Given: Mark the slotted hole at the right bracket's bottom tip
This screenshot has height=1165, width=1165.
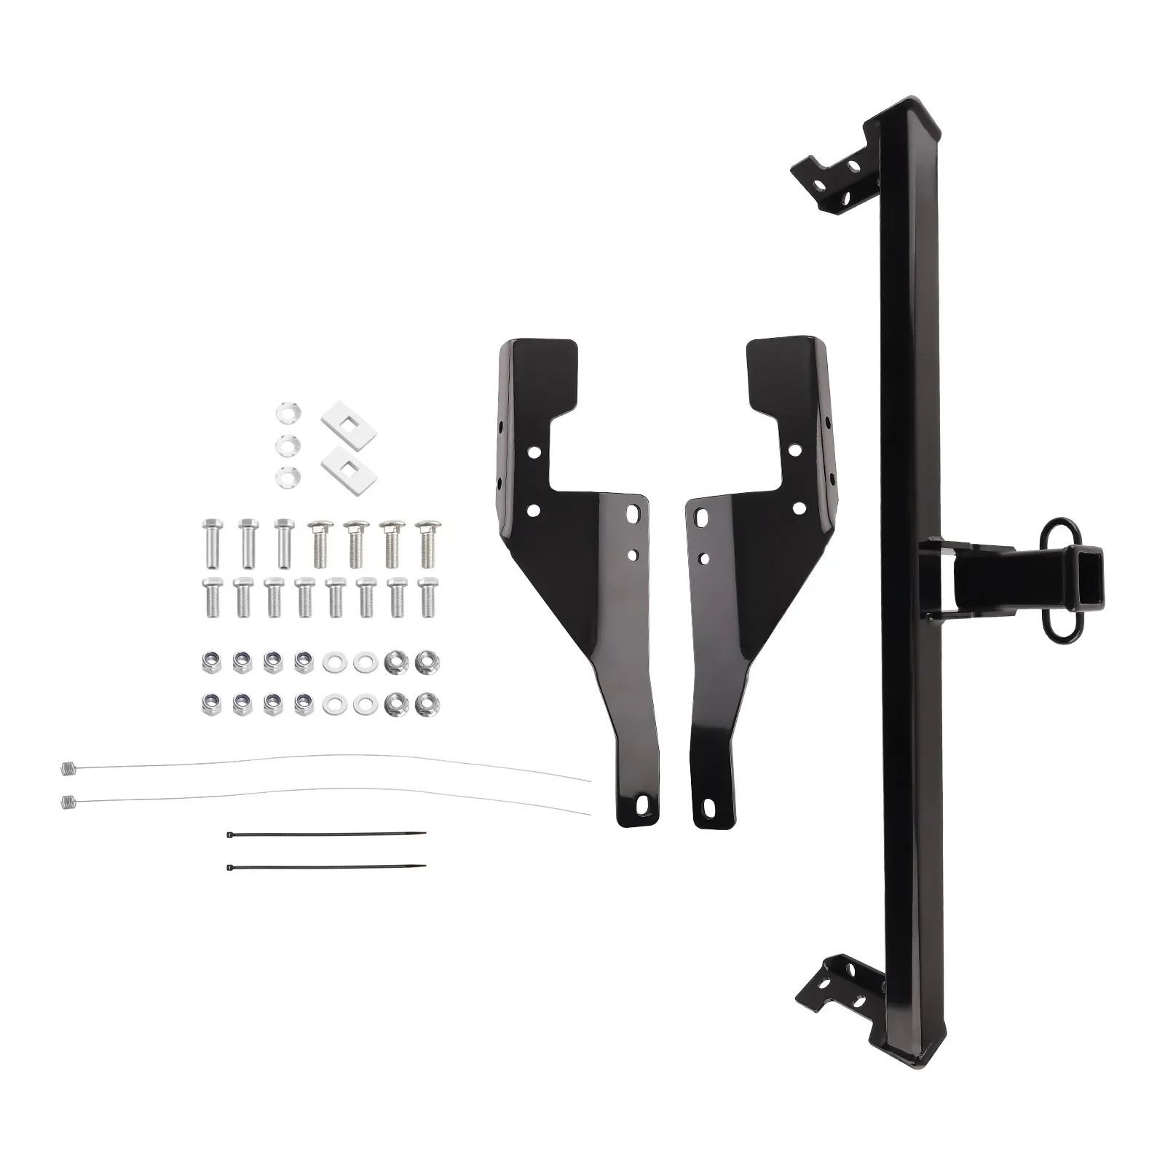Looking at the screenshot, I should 708,807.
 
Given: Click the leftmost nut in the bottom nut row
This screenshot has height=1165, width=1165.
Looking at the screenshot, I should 209,703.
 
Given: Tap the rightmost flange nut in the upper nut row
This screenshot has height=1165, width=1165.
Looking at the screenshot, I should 422,662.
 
